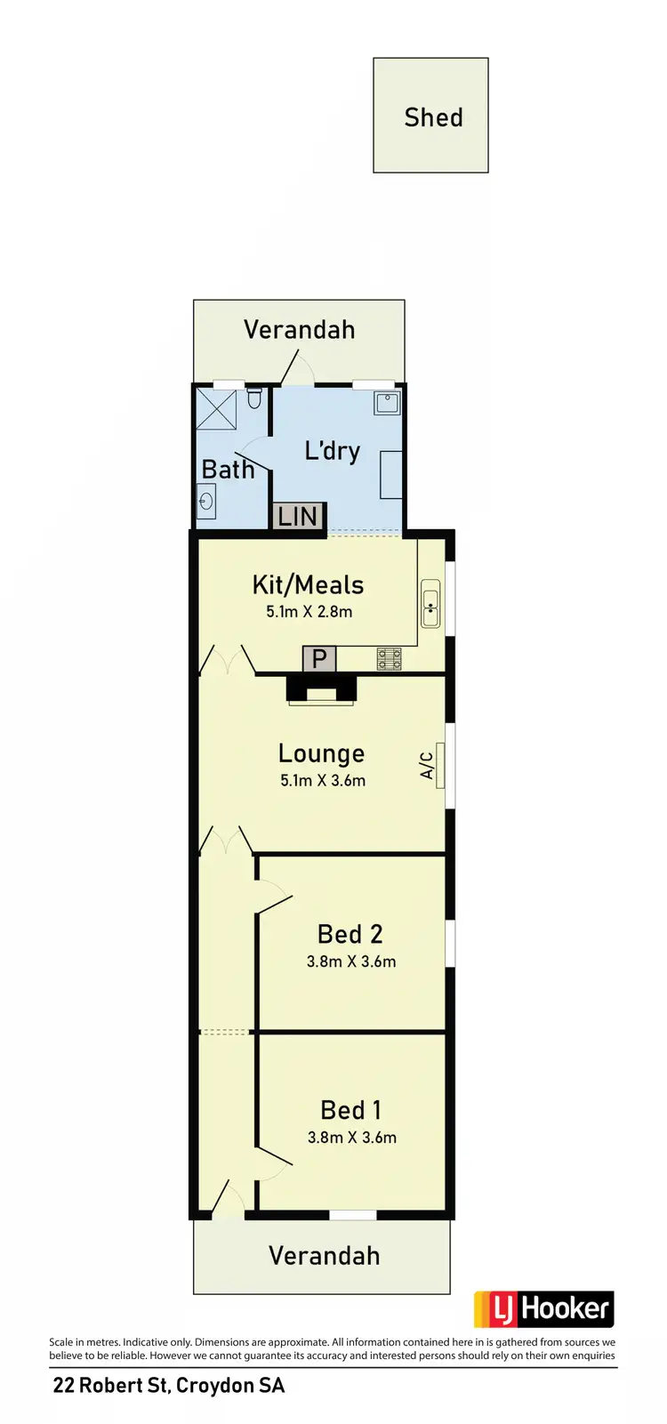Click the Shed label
coord(433,117)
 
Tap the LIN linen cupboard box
coord(298,516)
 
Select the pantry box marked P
coord(319,659)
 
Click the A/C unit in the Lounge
coord(440,764)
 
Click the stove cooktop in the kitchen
coord(390,659)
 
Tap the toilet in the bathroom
coord(254,398)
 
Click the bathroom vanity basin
coord(206,501)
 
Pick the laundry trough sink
coord(388,403)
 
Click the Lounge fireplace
coord(321,690)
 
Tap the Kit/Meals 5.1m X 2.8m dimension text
coord(309,612)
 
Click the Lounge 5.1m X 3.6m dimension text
coord(322,781)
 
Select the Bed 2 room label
coord(350,934)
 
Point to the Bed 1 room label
coord(350,1110)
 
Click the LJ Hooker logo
coord(543,1309)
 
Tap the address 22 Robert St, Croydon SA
coord(169,1386)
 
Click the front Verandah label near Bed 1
coord(324,1255)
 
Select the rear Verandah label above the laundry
coord(299,330)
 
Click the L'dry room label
coord(332,451)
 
